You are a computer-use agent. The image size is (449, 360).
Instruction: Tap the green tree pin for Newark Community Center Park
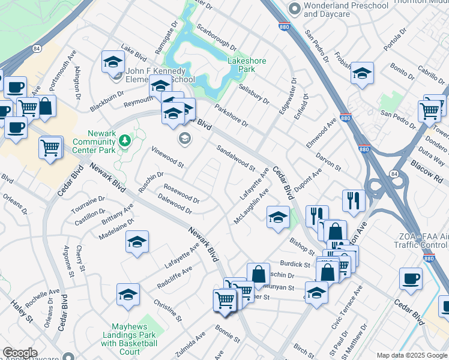click(125, 140)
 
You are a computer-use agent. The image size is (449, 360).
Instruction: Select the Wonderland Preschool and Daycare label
click(346, 10)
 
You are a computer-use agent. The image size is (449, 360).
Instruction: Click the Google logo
click(19, 353)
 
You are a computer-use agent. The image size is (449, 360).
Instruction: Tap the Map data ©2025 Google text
click(412, 355)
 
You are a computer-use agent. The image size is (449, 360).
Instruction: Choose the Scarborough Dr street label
click(217, 37)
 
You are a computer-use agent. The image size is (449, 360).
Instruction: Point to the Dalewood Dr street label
click(175, 207)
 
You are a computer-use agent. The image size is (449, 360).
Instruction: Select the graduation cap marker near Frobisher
click(362, 73)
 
